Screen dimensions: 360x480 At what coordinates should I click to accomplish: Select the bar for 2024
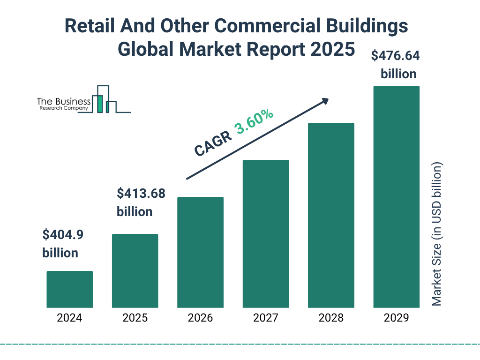[69, 289]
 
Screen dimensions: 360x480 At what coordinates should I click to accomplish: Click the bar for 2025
[135, 271]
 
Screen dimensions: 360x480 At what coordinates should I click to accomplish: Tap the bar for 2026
[200, 252]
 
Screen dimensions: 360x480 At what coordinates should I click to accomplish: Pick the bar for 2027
[266, 234]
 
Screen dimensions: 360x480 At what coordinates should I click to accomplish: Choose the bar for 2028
[331, 215]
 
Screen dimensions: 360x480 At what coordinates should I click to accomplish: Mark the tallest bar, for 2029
[396, 197]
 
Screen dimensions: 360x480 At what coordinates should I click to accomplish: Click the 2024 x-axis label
[69, 318]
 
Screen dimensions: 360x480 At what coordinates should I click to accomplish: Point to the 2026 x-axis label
[200, 318]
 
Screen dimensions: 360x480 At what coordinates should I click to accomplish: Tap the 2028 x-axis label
[331, 318]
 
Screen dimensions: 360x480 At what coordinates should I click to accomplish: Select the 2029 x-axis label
[396, 318]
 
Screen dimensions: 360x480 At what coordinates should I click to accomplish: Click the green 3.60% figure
[255, 123]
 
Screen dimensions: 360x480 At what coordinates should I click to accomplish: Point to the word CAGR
[213, 143]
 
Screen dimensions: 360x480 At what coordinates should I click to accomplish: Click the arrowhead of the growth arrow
[325, 101]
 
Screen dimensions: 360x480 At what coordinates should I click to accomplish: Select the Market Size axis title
[437, 234]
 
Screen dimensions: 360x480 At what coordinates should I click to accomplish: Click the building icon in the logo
[104, 99]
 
